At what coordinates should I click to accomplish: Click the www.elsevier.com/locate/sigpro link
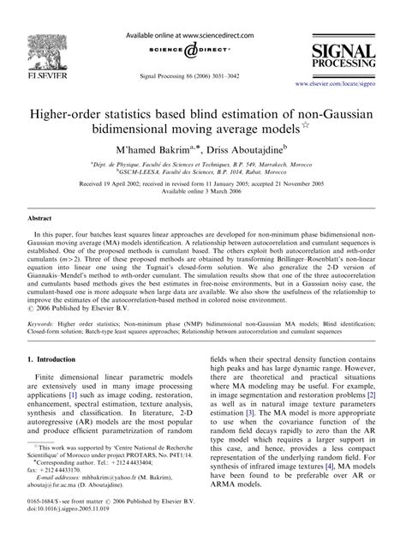346,85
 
